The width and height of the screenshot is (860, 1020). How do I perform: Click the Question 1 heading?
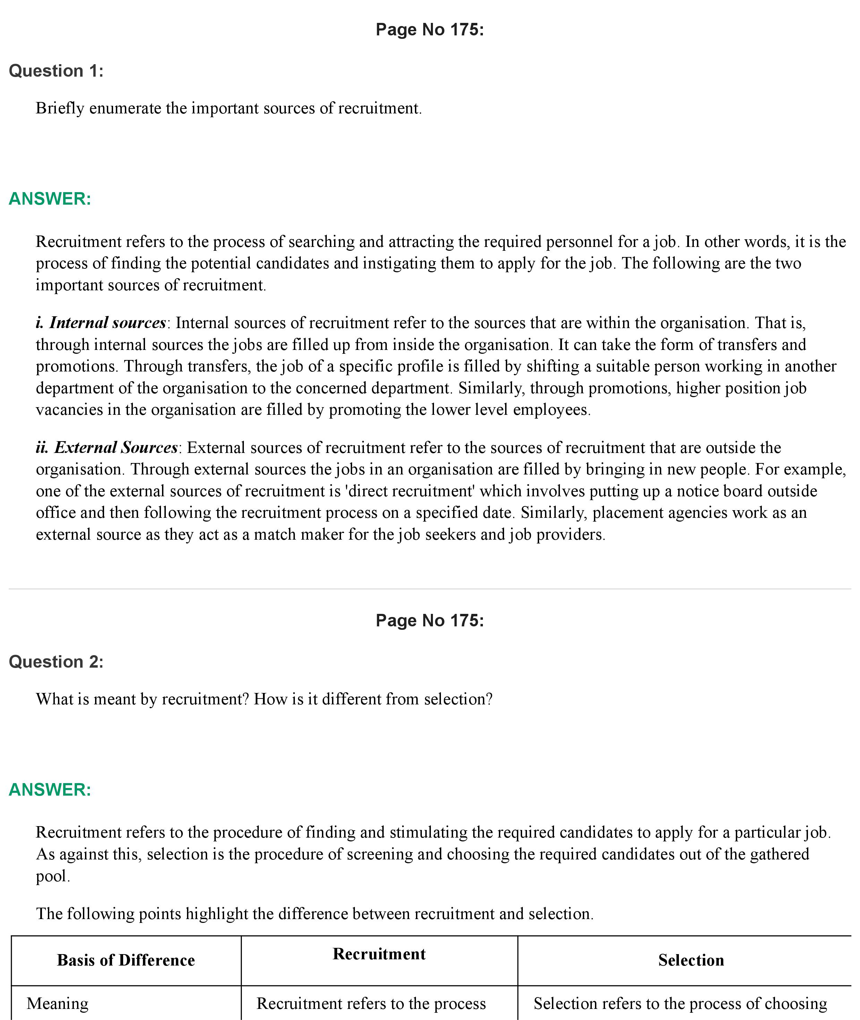coord(56,71)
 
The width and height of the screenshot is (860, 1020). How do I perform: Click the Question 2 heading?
coord(56,662)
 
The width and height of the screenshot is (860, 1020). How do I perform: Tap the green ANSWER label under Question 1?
coord(50,199)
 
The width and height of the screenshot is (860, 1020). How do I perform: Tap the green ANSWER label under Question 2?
coord(50,789)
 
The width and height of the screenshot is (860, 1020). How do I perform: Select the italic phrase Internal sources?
coord(107,323)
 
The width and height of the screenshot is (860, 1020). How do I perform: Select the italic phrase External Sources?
coord(116,447)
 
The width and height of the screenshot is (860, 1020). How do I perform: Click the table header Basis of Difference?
coord(126,960)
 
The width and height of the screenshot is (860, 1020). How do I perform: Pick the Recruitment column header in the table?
coord(379,954)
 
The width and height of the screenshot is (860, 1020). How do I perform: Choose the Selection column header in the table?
coord(691,960)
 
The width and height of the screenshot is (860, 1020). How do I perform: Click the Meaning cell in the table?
coord(58,1003)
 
